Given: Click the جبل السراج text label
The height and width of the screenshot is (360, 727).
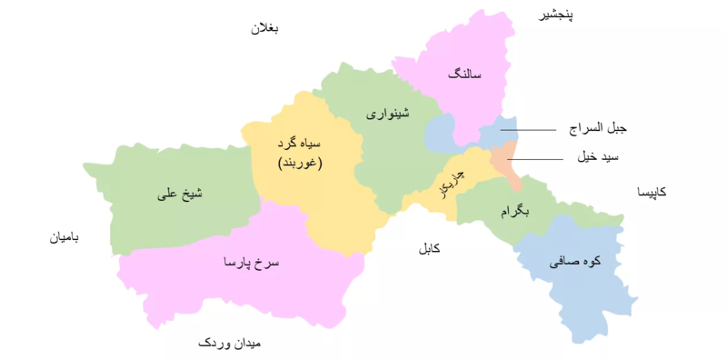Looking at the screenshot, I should tap(598, 130).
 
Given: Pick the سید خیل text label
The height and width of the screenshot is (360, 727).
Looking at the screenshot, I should tap(598, 157).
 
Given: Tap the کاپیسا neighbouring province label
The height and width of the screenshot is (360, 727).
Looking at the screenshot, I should tap(651, 193).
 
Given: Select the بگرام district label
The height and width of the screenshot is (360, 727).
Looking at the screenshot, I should tap(513, 211).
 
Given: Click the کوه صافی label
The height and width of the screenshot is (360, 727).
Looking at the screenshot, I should tap(575, 262).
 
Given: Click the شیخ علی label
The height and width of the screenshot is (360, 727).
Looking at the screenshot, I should tap(178, 194).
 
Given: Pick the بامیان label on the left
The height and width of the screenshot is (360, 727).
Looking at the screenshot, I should tap(65, 238).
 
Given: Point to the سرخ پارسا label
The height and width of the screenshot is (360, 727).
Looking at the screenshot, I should tap(252, 263).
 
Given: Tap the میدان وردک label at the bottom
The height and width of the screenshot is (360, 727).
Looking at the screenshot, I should tap(229, 344).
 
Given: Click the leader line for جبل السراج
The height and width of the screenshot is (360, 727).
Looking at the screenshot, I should tap(527, 130).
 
